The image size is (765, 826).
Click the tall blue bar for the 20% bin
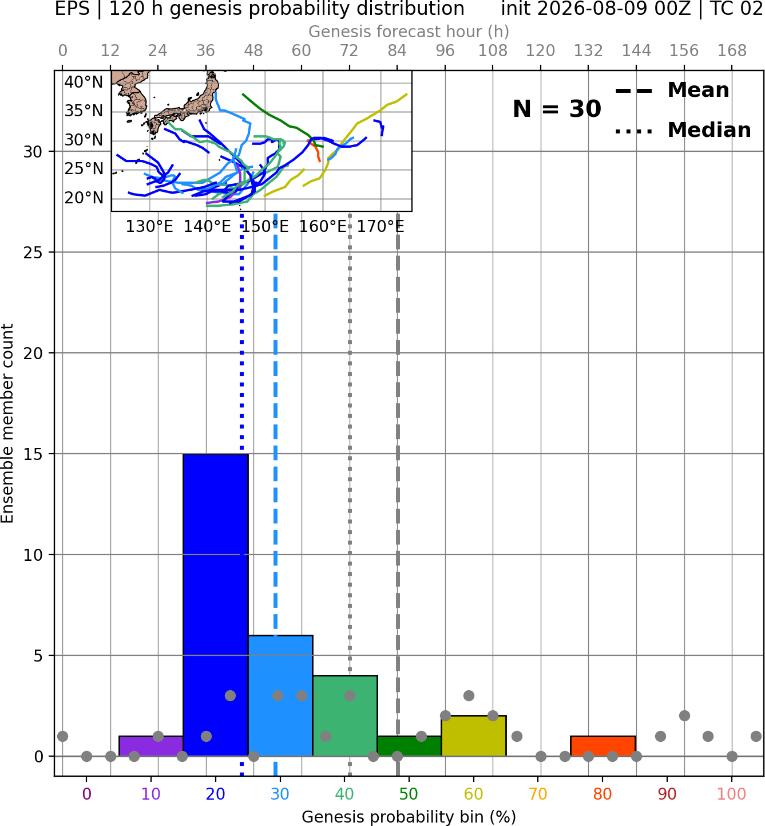click(216, 605)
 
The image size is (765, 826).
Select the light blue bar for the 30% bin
click(280, 695)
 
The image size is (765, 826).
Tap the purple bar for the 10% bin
click(151, 746)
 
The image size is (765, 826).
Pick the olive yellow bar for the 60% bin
click(474, 735)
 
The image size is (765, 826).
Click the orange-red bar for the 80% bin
click(603, 746)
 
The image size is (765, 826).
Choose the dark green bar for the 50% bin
click(409, 746)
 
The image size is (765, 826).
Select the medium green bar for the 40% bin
click(345, 716)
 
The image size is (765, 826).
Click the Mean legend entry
click(672, 91)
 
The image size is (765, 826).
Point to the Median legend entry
click(683, 130)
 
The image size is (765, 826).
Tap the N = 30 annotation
click(557, 109)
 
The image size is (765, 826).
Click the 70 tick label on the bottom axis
click(538, 794)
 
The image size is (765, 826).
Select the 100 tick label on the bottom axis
click(732, 794)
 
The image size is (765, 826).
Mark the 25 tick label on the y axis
click(33, 253)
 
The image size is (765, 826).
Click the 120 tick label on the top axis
click(540, 51)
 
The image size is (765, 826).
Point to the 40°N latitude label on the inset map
click(84, 82)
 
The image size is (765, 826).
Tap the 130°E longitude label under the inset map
click(149, 227)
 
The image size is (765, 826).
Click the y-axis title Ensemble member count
click(7, 423)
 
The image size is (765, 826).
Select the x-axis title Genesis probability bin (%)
click(409, 817)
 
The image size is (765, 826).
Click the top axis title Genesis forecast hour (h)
click(409, 32)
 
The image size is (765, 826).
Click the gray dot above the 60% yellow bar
click(469, 695)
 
